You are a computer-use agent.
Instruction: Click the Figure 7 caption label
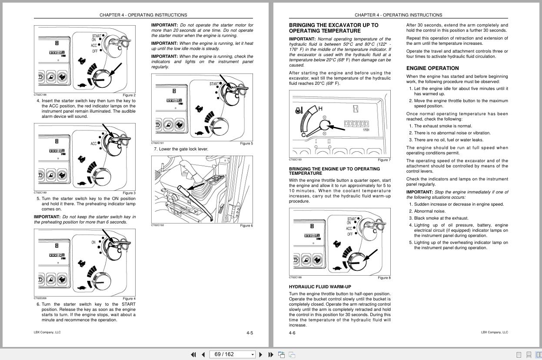[x=384, y=160]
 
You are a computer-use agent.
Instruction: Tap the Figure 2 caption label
[x=129, y=95]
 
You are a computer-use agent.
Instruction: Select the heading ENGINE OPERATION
[x=432, y=68]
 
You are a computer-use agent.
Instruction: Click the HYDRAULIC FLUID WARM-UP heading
[x=320, y=287]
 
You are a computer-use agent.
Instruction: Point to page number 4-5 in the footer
[x=249, y=333]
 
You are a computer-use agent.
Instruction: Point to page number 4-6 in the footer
[x=292, y=333]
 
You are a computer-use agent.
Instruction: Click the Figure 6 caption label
[x=246, y=226]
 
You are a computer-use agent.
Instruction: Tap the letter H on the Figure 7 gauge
[x=320, y=109]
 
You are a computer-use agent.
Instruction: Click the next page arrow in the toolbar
[x=260, y=354]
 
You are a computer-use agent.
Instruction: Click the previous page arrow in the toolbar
[x=203, y=354]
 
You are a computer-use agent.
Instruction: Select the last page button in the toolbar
[x=270, y=354]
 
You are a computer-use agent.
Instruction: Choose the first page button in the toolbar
[x=193, y=354]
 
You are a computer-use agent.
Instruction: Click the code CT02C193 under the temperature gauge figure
[x=295, y=160]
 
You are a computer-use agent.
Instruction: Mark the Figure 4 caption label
[x=129, y=299]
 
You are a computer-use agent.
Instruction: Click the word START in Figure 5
[x=214, y=84]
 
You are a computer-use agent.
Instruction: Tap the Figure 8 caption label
[x=384, y=278]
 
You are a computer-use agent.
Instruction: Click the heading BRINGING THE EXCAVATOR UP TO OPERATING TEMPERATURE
[x=333, y=28]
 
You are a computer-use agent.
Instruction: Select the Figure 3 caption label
[x=129, y=193]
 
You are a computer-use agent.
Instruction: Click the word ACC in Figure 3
[x=93, y=143]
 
